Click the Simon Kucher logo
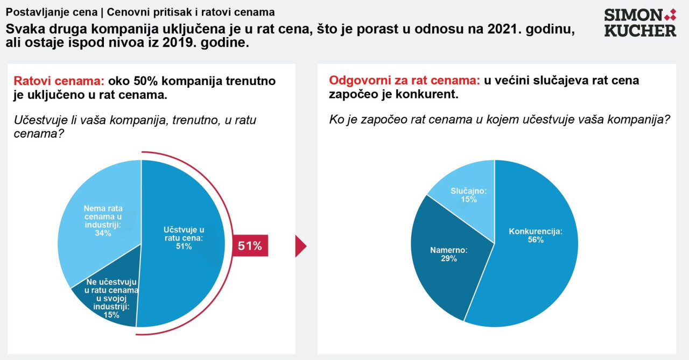coord(640,22)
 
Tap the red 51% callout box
coord(250,245)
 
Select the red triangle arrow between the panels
coord(301,246)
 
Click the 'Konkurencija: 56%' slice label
coord(536,236)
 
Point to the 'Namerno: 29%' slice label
coord(449,254)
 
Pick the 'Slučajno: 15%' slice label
coord(469,195)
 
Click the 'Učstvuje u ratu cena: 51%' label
coord(184,238)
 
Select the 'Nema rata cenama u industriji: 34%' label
coord(103,221)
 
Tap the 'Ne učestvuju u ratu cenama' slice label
coord(111,299)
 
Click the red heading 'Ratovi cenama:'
coord(59,81)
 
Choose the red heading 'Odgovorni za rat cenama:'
coord(404,80)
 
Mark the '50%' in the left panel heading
coord(145,81)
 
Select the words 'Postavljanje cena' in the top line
coord(51,12)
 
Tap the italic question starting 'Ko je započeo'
coord(500,119)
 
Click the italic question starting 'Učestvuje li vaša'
coord(135,126)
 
